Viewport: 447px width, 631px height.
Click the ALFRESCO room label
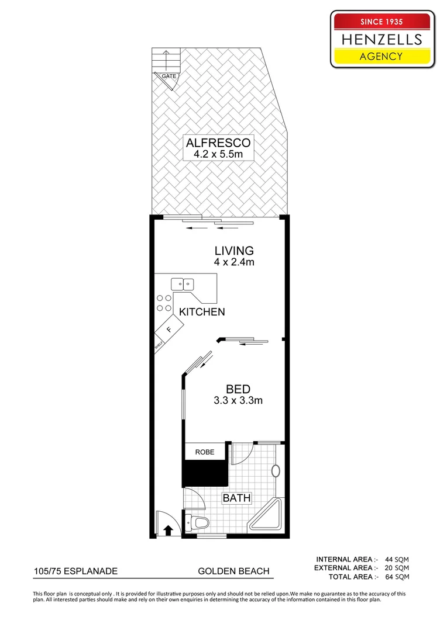[218, 143]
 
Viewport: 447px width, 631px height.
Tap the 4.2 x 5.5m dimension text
[218, 154]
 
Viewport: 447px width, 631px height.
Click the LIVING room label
[233, 251]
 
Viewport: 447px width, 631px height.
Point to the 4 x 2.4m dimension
[233, 262]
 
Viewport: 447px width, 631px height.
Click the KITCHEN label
[202, 312]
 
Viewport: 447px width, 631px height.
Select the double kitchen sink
[183, 285]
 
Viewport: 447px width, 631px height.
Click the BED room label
[238, 389]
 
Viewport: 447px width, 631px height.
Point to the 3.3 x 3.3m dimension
[238, 401]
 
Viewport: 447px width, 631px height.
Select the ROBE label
[205, 452]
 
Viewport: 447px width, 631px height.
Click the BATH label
[236, 498]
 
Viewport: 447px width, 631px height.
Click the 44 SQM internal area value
[397, 558]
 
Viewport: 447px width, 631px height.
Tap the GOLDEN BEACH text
[233, 571]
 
